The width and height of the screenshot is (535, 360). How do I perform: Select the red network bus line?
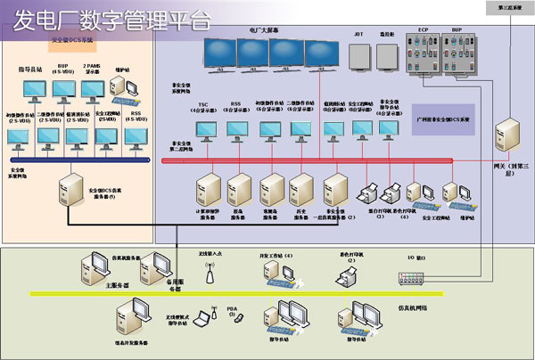pyautogui.click(x=312, y=161)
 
